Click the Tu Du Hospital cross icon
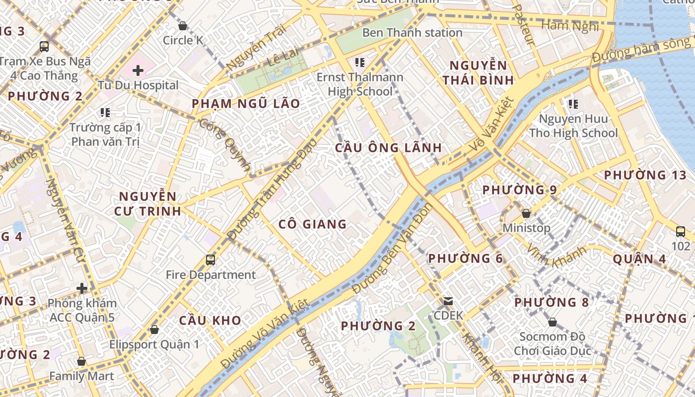[138, 70]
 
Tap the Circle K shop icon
[182, 26]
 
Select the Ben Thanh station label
[412, 33]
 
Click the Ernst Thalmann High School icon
[360, 63]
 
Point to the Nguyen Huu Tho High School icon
[573, 104]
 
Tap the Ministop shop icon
[526, 214]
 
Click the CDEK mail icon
[448, 301]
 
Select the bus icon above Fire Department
[210, 260]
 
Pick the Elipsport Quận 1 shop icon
[154, 330]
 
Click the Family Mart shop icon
[81, 361]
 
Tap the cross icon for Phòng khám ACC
[82, 288]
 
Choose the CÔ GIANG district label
[312, 224]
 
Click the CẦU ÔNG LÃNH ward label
[388, 147]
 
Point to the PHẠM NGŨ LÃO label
[246, 104]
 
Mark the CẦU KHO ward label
[210, 320]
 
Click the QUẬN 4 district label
[639, 259]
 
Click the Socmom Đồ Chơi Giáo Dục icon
[552, 323]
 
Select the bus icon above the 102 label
[680, 231]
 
